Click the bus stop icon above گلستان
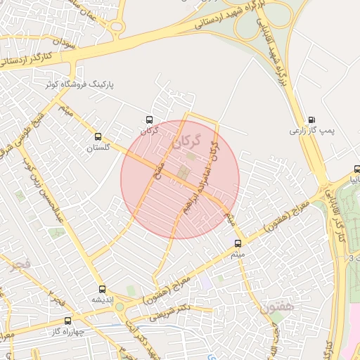click(97, 137)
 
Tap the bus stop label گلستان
click(99, 148)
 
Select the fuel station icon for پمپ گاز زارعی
click(311, 120)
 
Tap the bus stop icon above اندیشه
click(102, 288)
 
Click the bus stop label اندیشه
click(102, 300)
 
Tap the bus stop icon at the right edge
click(356, 169)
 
